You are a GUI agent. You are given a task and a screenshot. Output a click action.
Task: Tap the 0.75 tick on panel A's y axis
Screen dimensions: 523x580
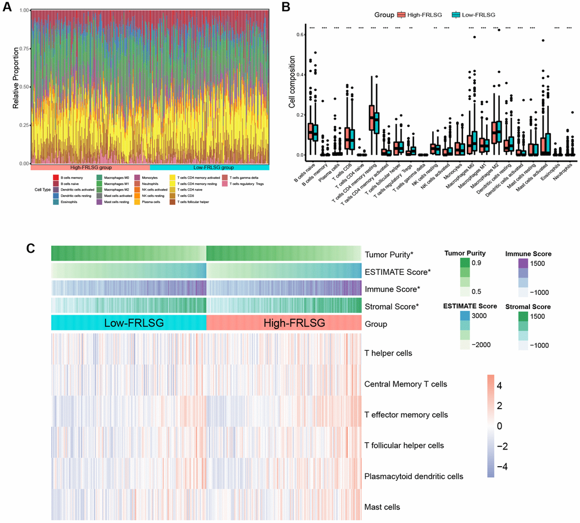[x=22, y=49]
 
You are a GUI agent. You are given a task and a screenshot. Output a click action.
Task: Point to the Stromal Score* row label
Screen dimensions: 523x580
[x=391, y=306]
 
